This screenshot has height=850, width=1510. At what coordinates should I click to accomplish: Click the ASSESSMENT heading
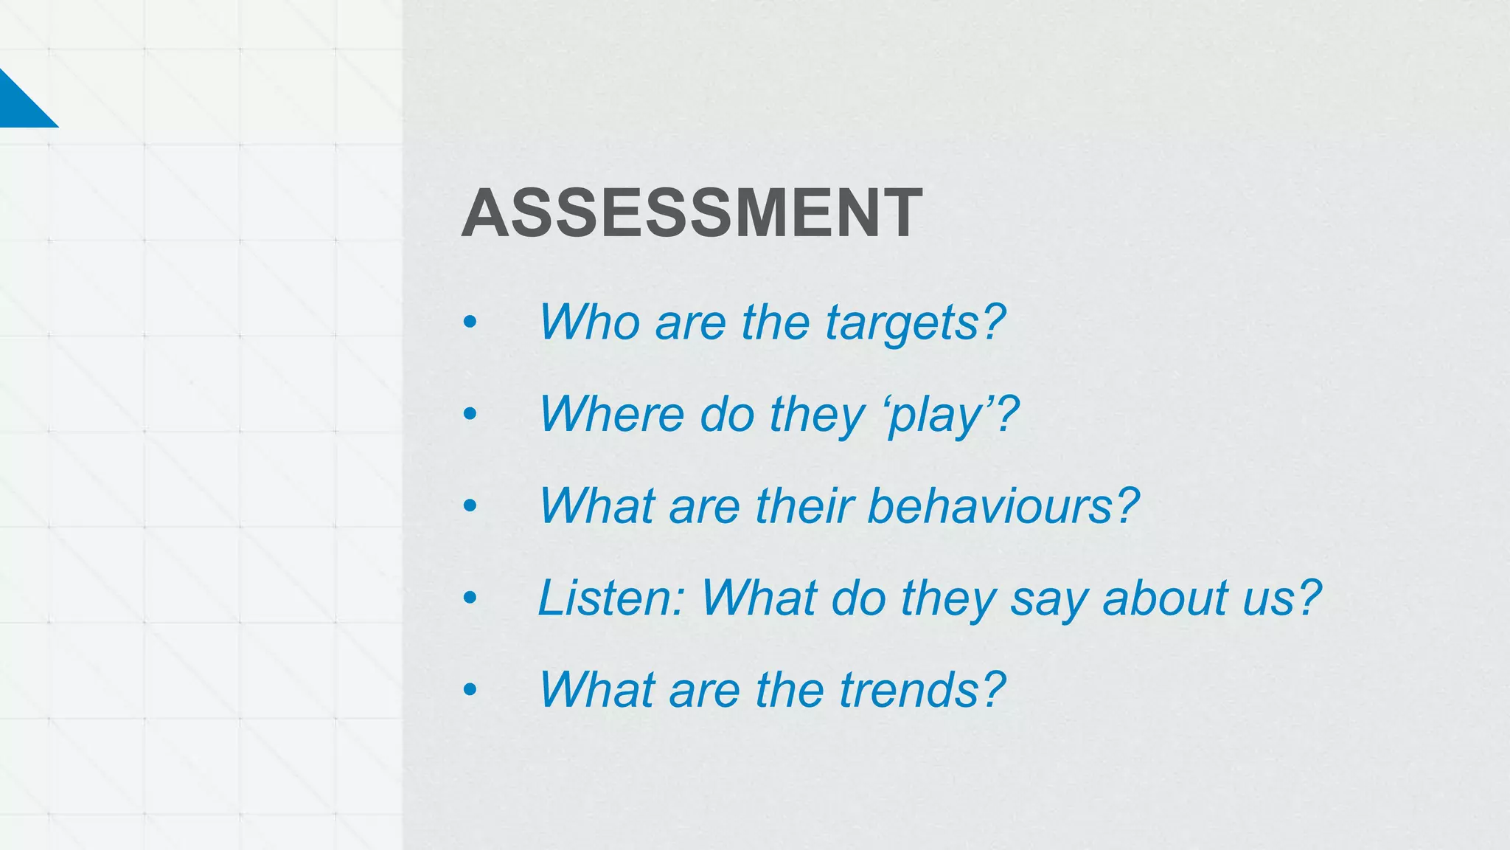(692, 213)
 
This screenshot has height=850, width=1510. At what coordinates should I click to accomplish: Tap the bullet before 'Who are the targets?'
(470, 322)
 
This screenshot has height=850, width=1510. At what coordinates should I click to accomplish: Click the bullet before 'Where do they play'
(470, 414)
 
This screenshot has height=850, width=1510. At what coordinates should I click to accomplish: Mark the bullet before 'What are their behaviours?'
(470, 506)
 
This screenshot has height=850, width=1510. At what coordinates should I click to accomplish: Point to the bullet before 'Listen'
(470, 598)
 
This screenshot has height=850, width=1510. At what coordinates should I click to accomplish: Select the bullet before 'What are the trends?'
(470, 690)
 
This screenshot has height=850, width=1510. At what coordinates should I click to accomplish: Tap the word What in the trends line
(596, 689)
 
